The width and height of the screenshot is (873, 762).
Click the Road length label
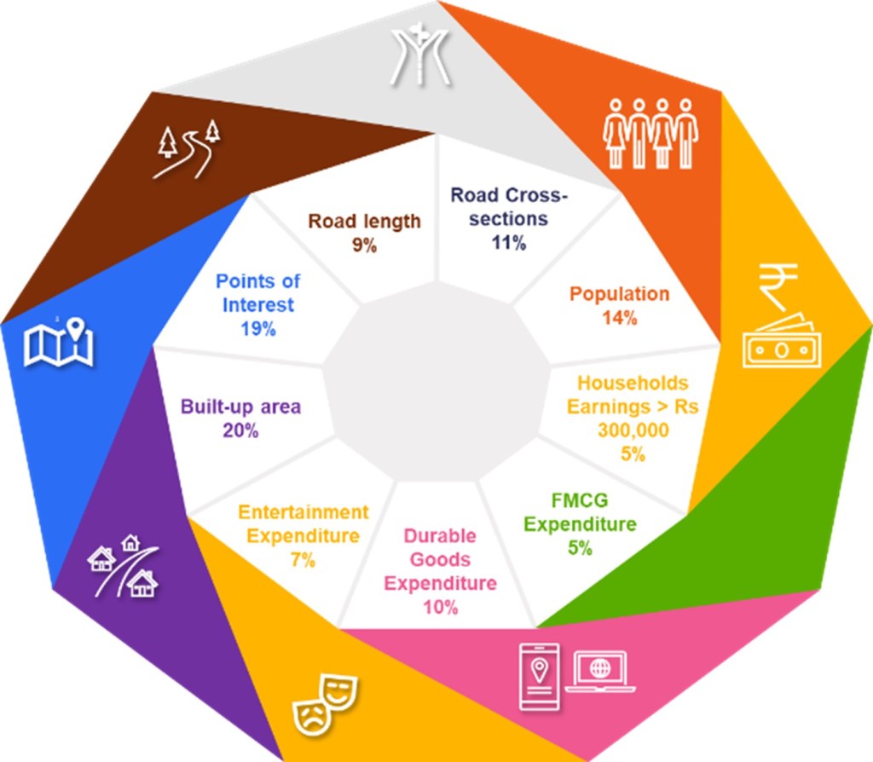pos(365,221)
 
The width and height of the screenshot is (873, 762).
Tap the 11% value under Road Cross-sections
pos(508,243)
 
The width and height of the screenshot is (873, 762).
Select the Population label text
pos(619,294)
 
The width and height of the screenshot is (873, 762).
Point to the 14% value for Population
pos(620,318)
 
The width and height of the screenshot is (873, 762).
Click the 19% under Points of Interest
pos(258,329)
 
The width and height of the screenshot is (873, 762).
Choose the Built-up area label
pos(240,407)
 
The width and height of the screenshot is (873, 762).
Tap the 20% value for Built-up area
pos(240,430)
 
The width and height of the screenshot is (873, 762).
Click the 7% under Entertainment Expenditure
pos(303,560)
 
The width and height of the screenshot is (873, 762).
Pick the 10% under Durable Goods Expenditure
pos(441,607)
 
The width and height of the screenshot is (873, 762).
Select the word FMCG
pos(580,500)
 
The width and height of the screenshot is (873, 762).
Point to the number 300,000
pos(633,430)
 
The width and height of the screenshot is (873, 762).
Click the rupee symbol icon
pos(778,286)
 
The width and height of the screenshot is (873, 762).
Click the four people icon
pos(650,134)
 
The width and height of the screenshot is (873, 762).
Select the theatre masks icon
pos(325,704)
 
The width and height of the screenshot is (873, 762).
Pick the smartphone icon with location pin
pos(539,676)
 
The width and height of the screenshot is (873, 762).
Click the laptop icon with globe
pos(600,672)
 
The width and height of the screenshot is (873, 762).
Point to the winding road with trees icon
pos(187,149)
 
